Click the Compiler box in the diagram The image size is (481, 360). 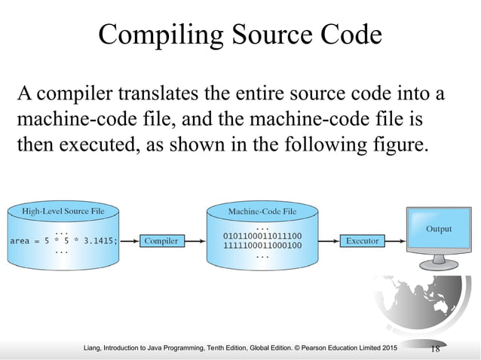[x=161, y=241]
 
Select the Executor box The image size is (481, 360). [x=362, y=241]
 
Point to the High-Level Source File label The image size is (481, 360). [x=63, y=212]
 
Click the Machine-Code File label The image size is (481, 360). [x=262, y=212]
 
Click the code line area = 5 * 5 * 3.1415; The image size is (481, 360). [x=63, y=241]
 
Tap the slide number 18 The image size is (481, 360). [x=435, y=347]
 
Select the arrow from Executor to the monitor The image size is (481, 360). [x=396, y=241]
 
